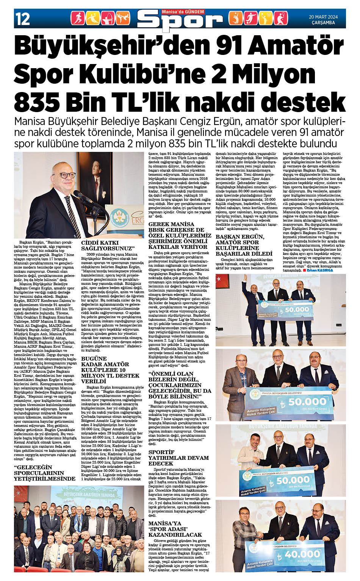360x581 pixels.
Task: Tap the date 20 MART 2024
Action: (x=323, y=17)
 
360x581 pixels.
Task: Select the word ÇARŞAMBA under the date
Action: (x=323, y=23)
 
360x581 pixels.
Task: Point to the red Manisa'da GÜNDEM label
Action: (x=183, y=12)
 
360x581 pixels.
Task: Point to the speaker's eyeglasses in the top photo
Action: (x=66, y=175)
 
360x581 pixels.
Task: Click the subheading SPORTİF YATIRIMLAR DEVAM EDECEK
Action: (x=178, y=458)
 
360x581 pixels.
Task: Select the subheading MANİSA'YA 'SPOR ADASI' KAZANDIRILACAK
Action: (x=175, y=529)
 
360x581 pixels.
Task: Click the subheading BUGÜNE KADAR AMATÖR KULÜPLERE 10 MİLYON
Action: (x=110, y=370)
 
